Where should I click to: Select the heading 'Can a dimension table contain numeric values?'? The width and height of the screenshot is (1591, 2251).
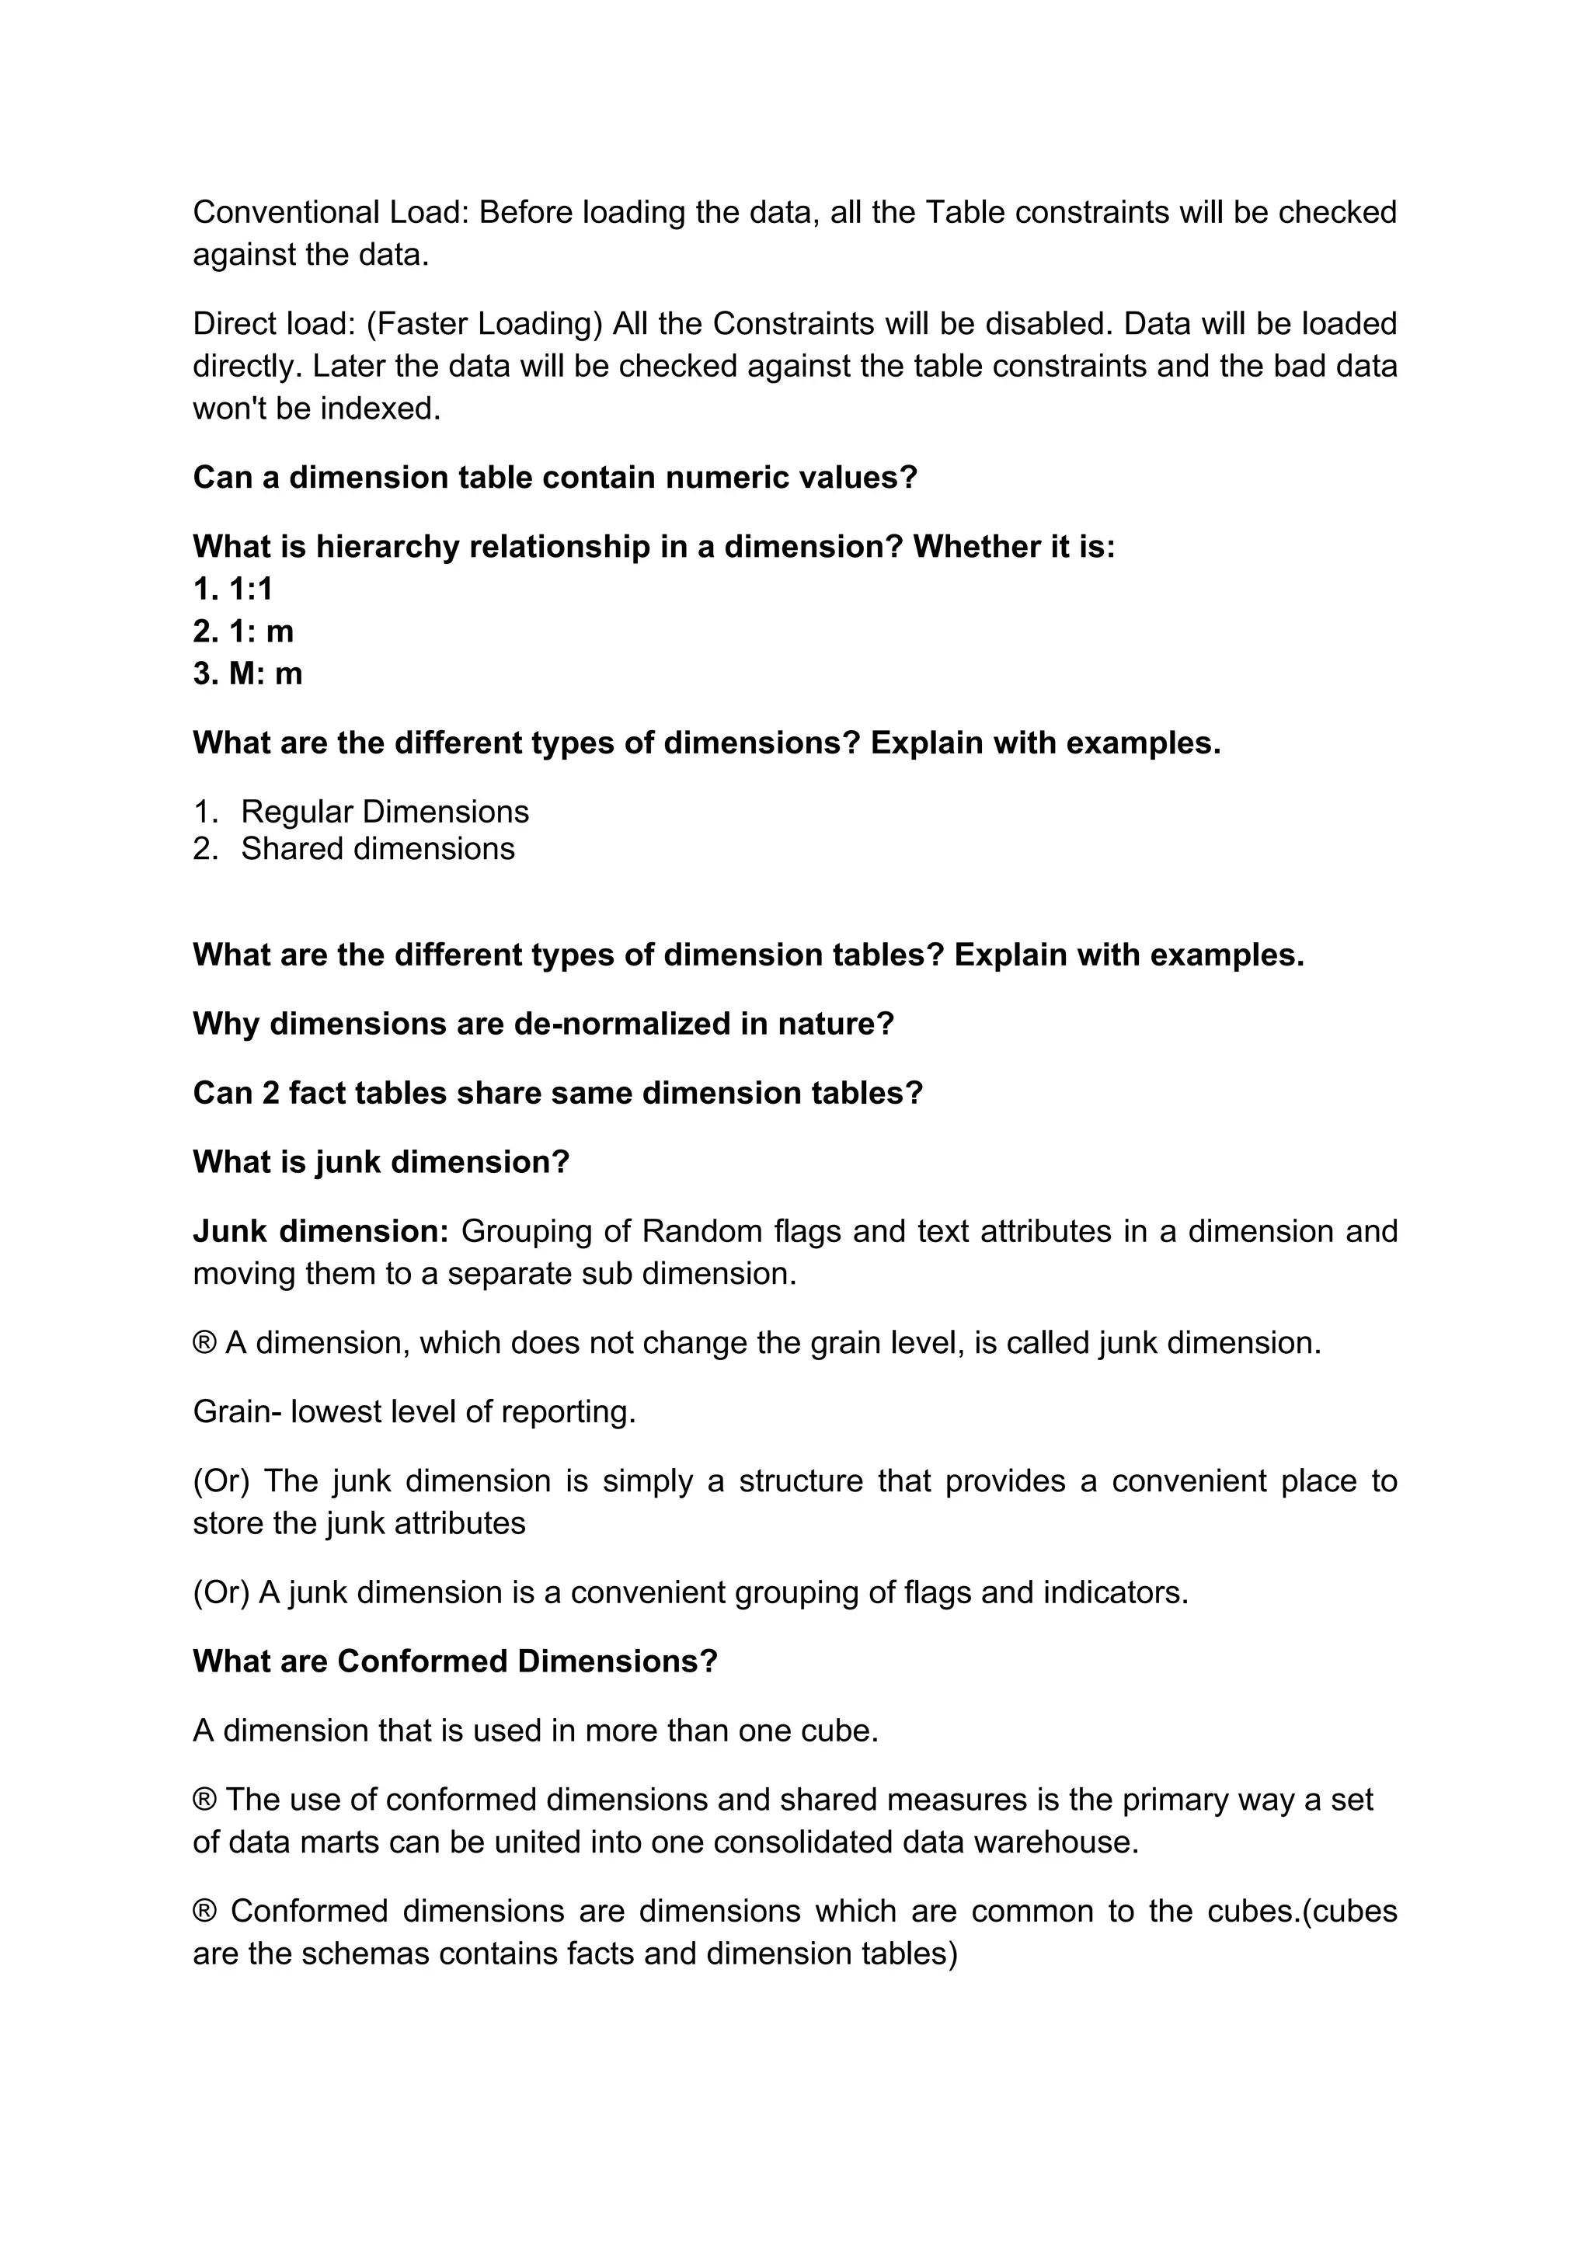point(554,478)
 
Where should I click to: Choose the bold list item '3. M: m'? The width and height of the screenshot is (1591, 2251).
point(247,673)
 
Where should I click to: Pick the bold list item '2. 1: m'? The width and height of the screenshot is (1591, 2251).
point(243,631)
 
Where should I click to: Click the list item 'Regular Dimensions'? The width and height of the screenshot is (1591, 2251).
point(385,812)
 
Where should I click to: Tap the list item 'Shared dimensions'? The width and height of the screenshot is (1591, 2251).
point(378,849)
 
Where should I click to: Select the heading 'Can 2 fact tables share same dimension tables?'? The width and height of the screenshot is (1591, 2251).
point(558,1093)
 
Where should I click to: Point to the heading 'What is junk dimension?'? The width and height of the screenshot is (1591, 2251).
point(381,1162)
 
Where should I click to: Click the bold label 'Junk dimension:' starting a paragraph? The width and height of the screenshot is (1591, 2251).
point(321,1231)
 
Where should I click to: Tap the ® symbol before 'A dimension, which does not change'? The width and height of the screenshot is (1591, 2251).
point(204,1343)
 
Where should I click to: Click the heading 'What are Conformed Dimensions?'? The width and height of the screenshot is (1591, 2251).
point(455,1661)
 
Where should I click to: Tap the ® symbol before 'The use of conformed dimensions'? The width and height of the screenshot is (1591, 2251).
point(204,1800)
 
